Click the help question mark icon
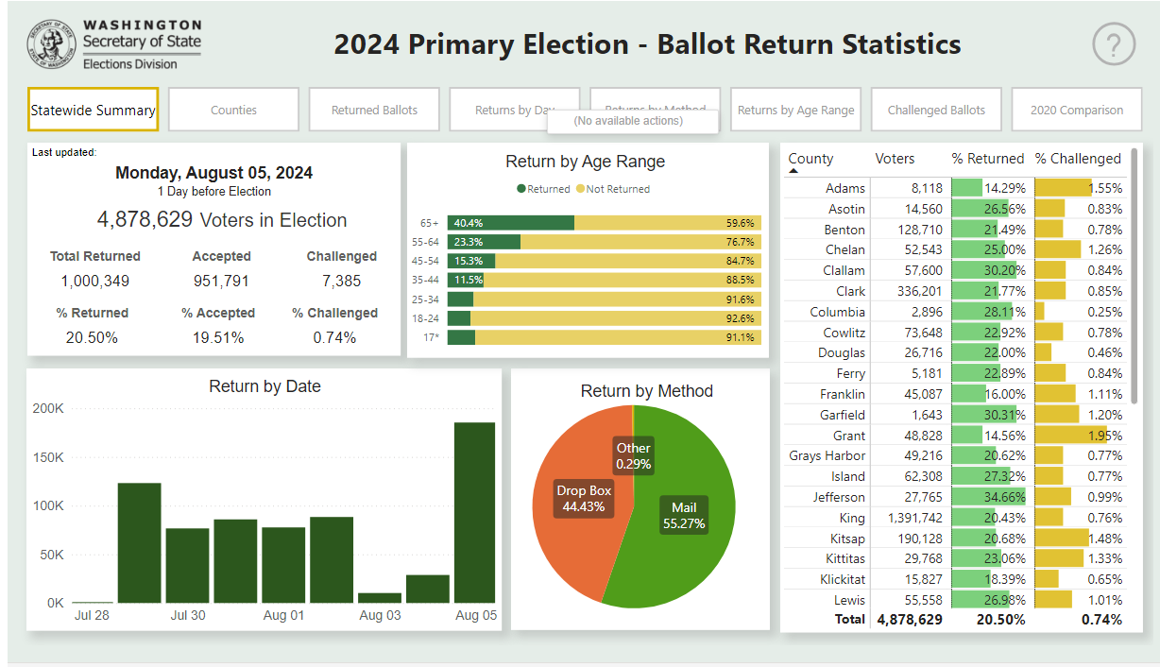[x=1114, y=43]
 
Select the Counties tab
[x=233, y=110]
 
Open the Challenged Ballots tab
[x=936, y=110]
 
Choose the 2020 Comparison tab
[x=1077, y=110]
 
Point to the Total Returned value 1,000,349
[x=95, y=282]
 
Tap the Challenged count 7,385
[x=341, y=282]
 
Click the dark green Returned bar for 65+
[x=511, y=223]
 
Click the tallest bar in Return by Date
[x=474, y=511]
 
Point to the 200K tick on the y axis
[x=48, y=409]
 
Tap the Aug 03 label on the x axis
[x=380, y=616]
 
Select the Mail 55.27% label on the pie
[x=684, y=516]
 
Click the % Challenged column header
[x=1078, y=159]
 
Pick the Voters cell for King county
[x=914, y=518]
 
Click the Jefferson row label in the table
[x=839, y=497]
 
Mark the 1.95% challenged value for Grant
[x=1104, y=436]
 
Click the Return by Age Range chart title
[x=586, y=162]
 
